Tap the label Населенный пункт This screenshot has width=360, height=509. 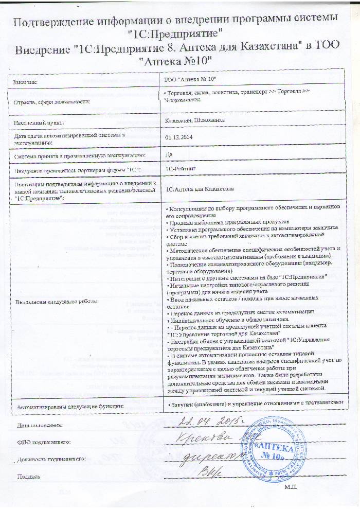coord(39,122)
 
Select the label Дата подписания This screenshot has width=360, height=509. coord(39,425)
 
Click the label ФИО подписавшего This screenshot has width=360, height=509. coord(43,442)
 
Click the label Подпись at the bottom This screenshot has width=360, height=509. coord(29,476)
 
